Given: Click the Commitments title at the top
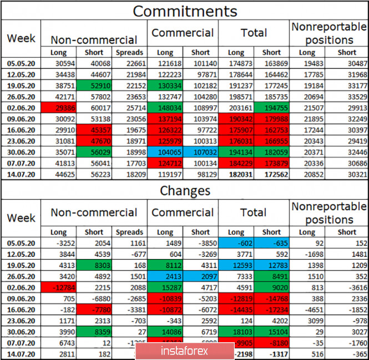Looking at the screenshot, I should coord(185,11).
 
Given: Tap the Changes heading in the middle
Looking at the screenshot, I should coord(185,190).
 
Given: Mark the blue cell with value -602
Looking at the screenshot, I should coord(236,243).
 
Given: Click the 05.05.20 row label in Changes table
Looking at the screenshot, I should coord(21,243).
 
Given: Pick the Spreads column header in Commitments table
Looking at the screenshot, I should coord(129,53).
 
